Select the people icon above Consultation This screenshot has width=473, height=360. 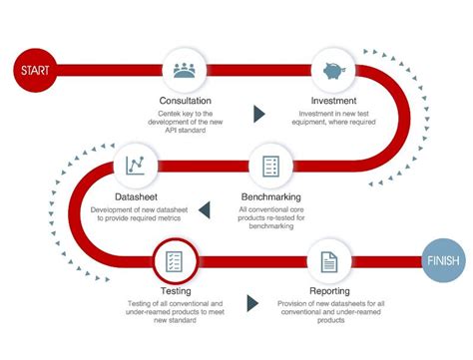(185, 71)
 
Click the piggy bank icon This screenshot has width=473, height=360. (335, 71)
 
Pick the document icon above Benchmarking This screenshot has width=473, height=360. (269, 166)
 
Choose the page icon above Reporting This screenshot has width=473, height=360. (329, 263)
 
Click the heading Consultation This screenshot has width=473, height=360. (186, 101)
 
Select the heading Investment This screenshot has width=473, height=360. (335, 101)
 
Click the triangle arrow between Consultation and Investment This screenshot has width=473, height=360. (259, 113)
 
